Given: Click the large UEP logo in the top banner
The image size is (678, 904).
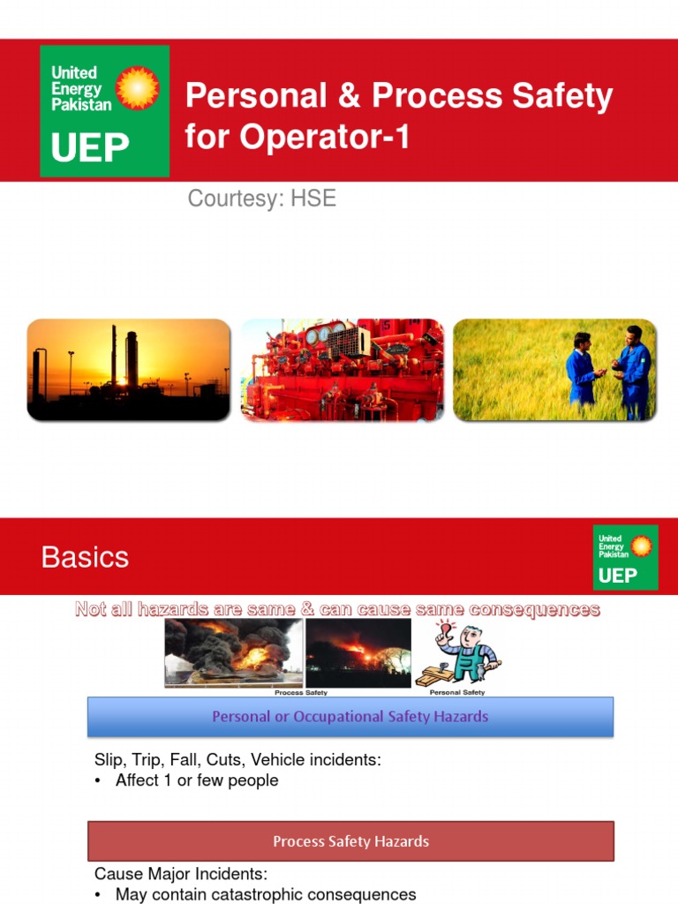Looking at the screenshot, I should point(104,110).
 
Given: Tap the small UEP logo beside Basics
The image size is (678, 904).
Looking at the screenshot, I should point(625,556).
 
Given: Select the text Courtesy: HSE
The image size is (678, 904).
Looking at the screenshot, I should point(261,198).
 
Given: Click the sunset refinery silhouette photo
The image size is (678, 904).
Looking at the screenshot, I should point(128,369).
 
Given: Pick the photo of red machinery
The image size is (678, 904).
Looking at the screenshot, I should point(343,369).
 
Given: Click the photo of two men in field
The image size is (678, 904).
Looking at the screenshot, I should point(554,369).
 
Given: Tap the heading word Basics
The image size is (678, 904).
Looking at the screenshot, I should point(85,557).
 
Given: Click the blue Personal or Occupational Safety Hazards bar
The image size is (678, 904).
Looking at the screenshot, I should point(350,716).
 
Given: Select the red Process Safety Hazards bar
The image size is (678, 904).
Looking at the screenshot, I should point(350,840).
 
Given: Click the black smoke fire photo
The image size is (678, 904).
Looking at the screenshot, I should point(234,652).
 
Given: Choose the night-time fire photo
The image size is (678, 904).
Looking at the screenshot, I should point(358,652).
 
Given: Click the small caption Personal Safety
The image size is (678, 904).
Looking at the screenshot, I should point(456,693).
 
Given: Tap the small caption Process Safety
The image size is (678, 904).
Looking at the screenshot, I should point(301,693).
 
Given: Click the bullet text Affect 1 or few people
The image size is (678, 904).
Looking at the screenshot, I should point(197,780).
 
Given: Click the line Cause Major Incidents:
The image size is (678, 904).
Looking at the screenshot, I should point(180,874).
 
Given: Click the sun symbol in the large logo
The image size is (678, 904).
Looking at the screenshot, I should point(138,88).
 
